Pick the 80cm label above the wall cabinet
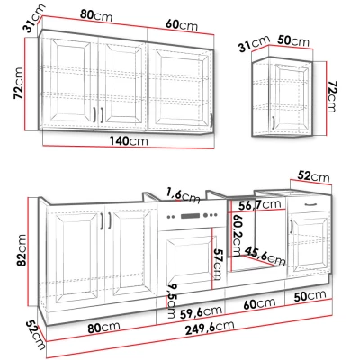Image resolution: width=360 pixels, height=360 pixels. coord(89,13)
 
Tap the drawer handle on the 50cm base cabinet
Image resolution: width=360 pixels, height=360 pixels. coord(310,205)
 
